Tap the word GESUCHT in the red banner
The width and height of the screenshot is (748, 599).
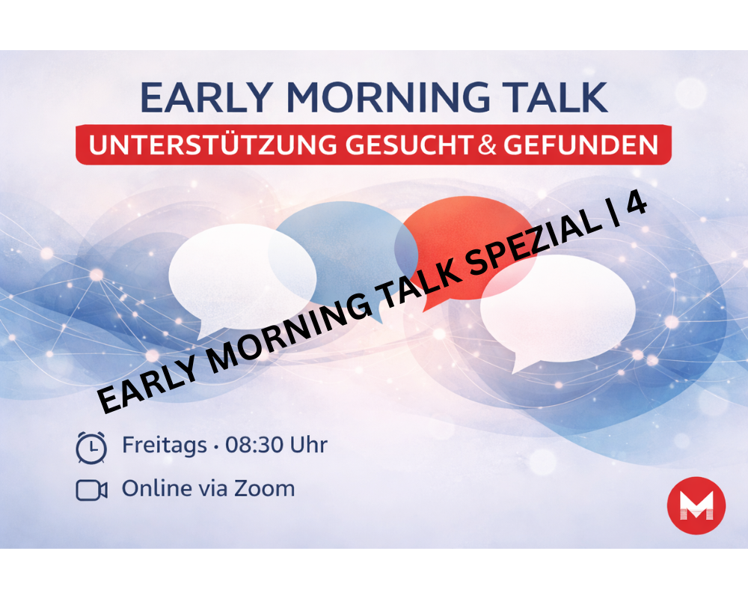click(x=409, y=145)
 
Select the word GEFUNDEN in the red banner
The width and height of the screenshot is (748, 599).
click(x=581, y=145)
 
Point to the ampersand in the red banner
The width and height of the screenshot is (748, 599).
click(x=488, y=145)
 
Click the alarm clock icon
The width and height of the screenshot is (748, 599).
click(x=91, y=447)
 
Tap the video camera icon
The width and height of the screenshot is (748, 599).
click(x=91, y=490)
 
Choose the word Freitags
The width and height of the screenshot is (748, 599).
click(x=165, y=446)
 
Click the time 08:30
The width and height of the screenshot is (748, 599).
click(x=255, y=445)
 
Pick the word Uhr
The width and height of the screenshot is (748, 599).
click(x=309, y=445)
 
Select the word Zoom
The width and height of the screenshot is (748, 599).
click(x=264, y=489)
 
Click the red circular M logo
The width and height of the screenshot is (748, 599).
click(x=696, y=505)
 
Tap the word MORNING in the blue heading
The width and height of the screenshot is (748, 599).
click(x=387, y=98)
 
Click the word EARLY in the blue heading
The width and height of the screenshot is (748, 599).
click(x=206, y=98)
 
